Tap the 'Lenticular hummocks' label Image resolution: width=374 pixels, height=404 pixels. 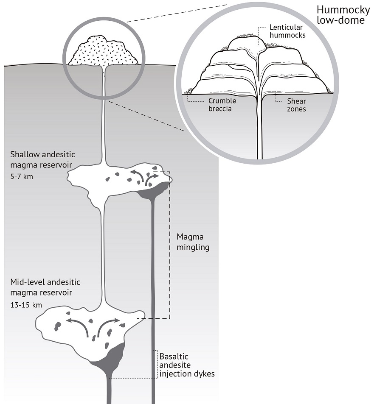[287, 31]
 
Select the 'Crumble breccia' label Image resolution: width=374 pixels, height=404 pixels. [222, 105]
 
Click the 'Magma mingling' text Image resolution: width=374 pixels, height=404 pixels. [193, 242]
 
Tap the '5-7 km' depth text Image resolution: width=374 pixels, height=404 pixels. [20, 176]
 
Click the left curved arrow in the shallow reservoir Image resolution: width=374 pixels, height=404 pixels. [137, 175]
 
